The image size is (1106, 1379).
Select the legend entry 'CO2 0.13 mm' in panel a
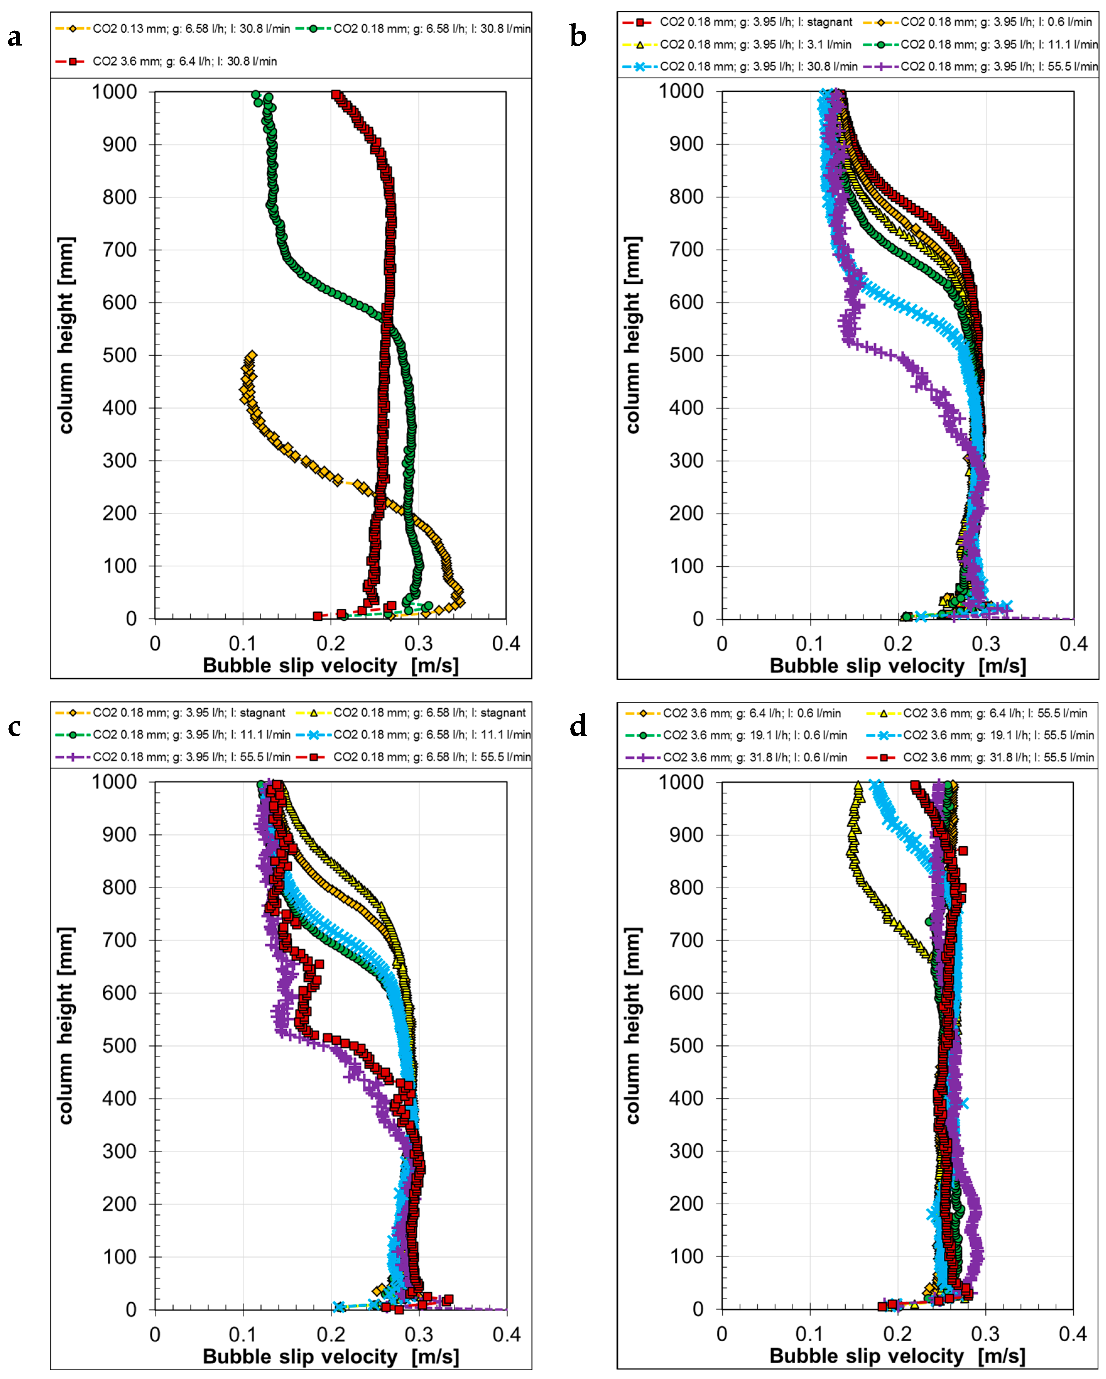(x=173, y=29)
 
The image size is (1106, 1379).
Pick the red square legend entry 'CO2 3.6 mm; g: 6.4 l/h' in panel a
(x=166, y=61)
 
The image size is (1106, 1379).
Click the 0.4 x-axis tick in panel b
(x=1073, y=643)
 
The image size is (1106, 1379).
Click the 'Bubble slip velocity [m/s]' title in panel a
(x=331, y=666)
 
